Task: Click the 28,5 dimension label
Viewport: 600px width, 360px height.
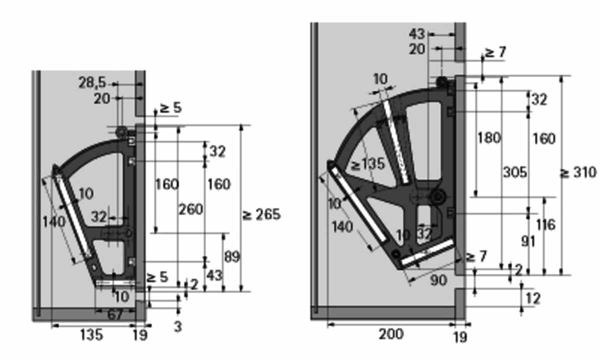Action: click(x=92, y=83)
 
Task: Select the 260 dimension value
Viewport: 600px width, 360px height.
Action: click(x=190, y=209)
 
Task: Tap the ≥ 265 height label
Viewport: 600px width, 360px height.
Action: click(x=261, y=214)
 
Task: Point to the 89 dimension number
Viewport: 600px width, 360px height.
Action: click(x=232, y=256)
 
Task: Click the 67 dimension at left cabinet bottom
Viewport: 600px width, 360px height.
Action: click(x=115, y=314)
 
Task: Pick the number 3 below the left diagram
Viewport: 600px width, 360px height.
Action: click(x=178, y=327)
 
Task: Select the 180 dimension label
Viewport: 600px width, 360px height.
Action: click(x=489, y=138)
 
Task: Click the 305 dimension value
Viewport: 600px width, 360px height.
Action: click(x=515, y=172)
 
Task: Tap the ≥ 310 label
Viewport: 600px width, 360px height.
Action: click(x=578, y=172)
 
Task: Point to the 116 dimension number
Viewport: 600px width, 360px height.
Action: click(x=546, y=224)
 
